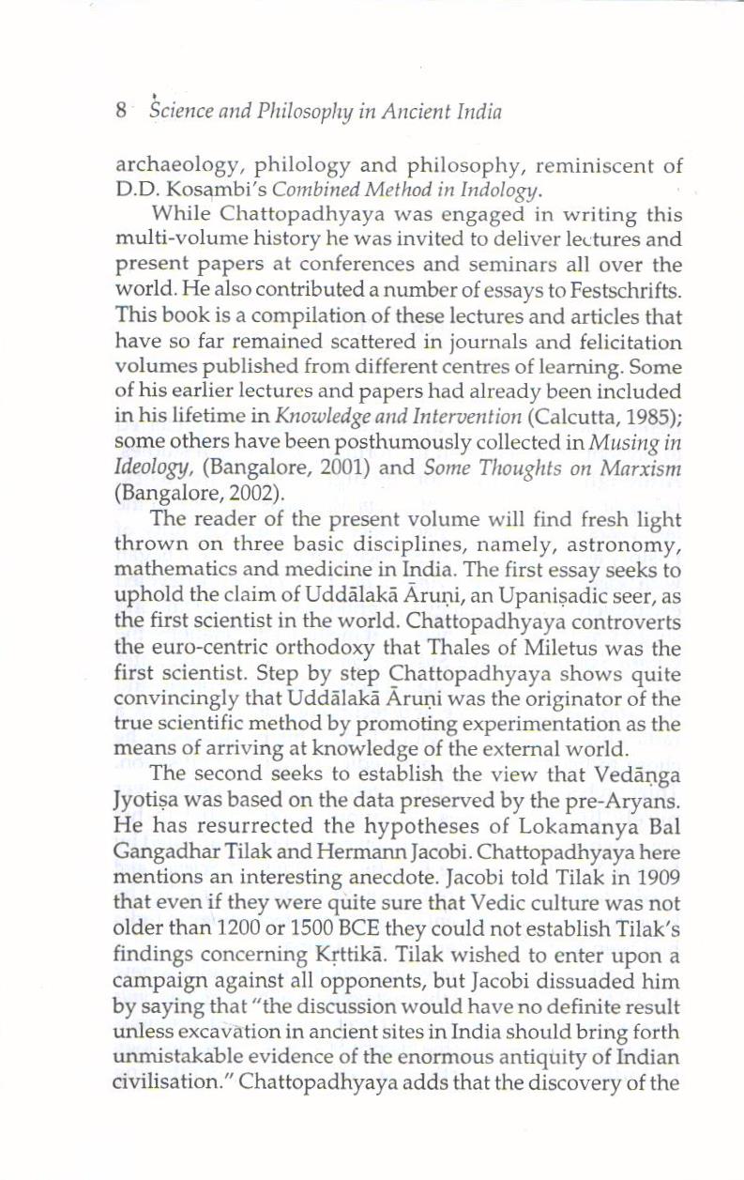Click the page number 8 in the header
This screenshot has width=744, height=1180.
[121, 112]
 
